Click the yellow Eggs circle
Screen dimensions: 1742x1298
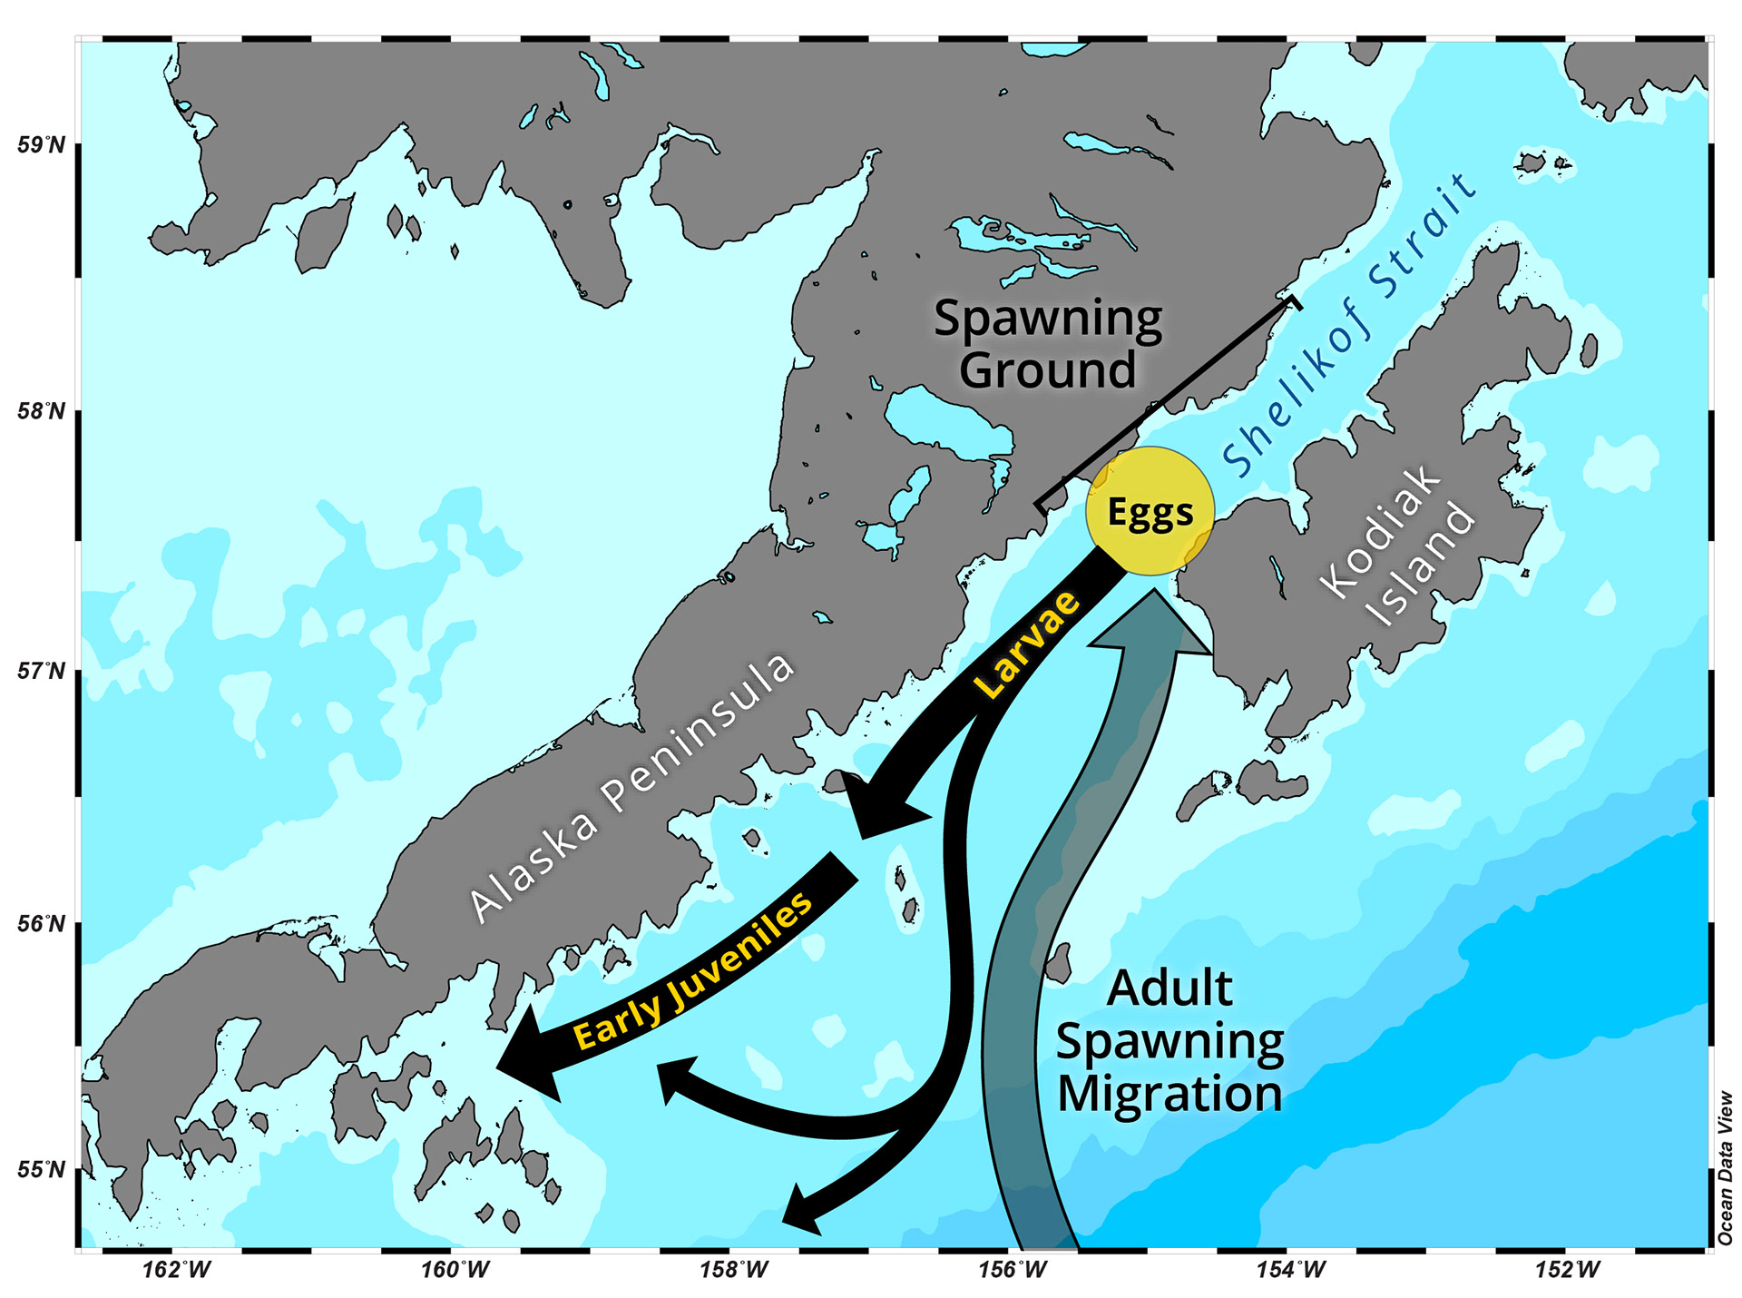coord(1150,511)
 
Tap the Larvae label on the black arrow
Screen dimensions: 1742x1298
coord(1028,644)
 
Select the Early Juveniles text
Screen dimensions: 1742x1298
coord(694,970)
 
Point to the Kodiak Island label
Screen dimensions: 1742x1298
coord(1398,545)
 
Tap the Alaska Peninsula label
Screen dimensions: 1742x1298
coord(631,785)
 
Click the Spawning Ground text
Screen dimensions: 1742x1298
coord(1048,344)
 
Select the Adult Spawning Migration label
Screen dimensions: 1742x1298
coord(1169,1040)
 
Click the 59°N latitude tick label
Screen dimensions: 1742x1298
coord(42,145)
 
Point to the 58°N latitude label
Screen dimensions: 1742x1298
coord(42,411)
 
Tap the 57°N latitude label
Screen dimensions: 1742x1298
coord(42,671)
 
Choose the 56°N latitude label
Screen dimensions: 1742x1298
coord(42,924)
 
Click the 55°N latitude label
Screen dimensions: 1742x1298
coord(42,1169)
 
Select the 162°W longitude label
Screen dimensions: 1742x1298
coord(177,1269)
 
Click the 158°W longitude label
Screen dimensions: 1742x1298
coord(733,1269)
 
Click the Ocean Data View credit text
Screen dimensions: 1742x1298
coord(1725,1167)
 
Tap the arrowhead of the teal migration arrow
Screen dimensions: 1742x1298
coord(1151,623)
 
